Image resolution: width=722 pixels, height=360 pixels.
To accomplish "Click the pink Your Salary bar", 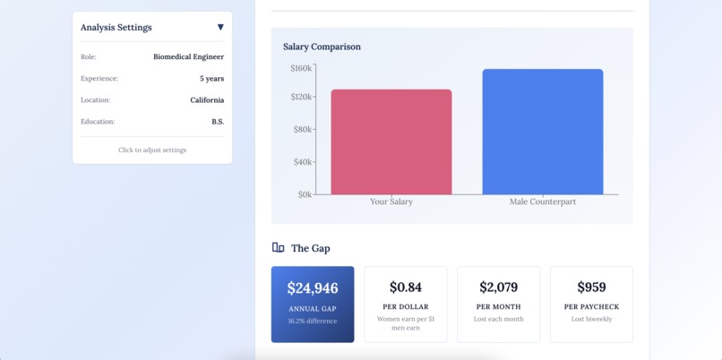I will click(391, 141).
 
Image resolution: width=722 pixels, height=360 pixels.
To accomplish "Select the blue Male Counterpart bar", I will click(542, 132).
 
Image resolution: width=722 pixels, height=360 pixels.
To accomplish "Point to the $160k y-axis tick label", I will click(301, 68).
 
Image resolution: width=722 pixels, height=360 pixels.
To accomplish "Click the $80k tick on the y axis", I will click(302, 129).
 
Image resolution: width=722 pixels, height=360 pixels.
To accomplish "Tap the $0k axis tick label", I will click(305, 193).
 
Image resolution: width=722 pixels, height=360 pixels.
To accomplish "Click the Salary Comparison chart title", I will click(322, 47).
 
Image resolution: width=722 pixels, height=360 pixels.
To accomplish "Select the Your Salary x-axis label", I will click(391, 202).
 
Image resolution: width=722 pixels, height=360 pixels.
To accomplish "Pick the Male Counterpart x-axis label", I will click(542, 202).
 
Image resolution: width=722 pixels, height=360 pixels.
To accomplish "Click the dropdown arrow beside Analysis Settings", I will click(220, 28).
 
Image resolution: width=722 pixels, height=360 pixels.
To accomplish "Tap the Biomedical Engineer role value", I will click(188, 57).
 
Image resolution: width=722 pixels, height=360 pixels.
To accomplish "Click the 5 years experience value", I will click(211, 79).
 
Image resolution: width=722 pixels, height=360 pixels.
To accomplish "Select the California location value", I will click(207, 100).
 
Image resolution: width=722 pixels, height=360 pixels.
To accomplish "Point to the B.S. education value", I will click(218, 122).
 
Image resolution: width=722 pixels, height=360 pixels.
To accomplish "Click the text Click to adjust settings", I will click(152, 150).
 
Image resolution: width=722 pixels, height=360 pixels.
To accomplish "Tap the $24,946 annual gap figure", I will click(313, 288).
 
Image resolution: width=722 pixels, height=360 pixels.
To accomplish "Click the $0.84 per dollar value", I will click(405, 287).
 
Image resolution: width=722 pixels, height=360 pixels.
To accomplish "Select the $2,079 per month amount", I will click(498, 287).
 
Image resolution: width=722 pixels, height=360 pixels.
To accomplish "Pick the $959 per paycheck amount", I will click(591, 287).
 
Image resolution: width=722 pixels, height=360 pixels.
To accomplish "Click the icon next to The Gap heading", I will click(278, 248).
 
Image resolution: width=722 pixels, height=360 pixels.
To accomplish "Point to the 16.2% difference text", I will click(313, 321).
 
